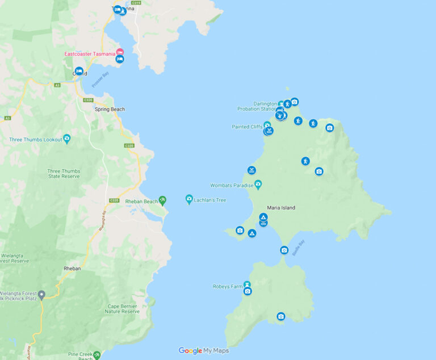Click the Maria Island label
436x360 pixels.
281,208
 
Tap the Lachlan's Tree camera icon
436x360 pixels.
189,199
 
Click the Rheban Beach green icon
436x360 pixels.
163,200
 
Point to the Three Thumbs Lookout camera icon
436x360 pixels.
67,139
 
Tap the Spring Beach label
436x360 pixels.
110,109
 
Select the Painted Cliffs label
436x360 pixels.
247,127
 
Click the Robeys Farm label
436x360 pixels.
228,286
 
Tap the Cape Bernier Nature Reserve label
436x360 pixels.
123,309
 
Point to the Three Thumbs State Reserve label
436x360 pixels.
64,174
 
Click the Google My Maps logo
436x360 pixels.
204,351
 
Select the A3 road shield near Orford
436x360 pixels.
57,85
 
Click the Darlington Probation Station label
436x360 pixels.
257,106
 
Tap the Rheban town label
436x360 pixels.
72,269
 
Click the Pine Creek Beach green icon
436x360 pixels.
97,354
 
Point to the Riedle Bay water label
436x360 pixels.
299,248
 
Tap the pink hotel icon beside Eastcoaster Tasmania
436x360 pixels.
120,52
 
